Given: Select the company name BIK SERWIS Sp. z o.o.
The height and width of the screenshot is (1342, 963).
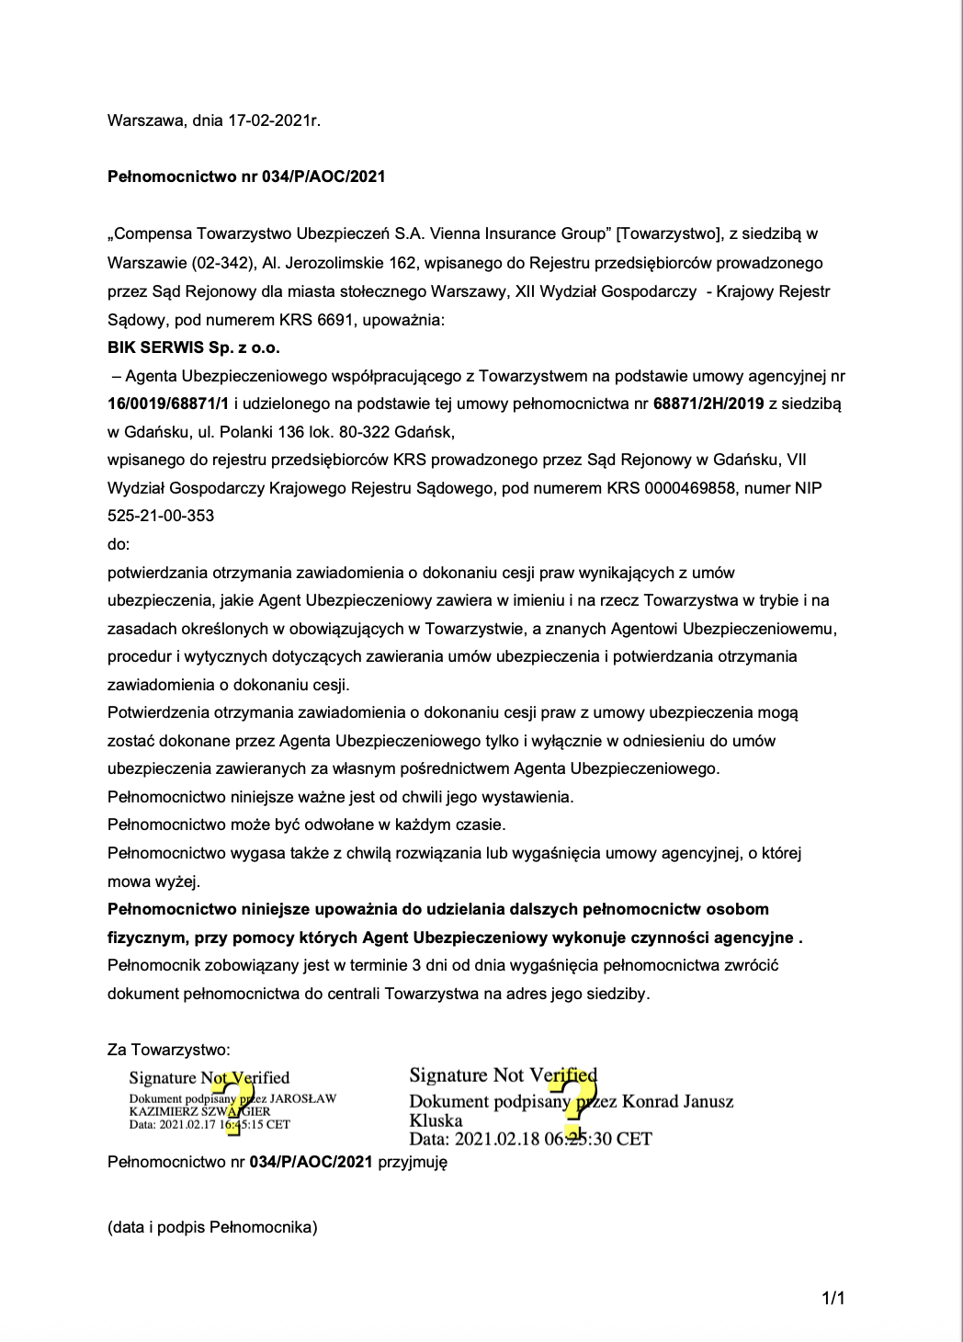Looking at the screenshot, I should click(x=194, y=347).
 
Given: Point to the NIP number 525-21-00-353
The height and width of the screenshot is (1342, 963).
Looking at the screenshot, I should click(x=161, y=516).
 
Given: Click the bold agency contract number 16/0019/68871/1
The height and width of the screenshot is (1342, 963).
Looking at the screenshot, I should click(x=168, y=404).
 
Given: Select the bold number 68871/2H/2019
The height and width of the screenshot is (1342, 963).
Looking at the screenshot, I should click(x=708, y=404).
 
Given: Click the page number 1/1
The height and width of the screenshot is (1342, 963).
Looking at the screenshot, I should click(x=833, y=1298).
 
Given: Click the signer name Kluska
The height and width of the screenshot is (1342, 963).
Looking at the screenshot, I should click(x=436, y=1120).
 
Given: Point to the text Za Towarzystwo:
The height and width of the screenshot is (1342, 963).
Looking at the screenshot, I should click(x=169, y=1050).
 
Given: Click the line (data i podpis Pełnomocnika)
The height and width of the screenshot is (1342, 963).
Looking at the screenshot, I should click(x=212, y=1227).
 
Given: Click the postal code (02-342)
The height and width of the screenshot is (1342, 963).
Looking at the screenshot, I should click(x=223, y=263).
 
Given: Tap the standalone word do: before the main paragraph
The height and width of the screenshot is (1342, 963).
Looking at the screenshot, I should click(x=119, y=544).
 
